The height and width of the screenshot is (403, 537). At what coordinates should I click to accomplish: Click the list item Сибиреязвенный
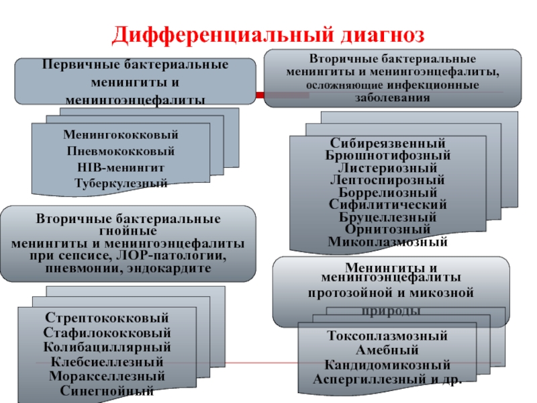pos(388,144)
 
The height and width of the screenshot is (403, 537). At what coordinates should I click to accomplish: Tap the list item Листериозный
pos(388,168)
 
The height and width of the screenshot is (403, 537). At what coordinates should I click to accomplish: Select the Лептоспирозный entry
pos(388,180)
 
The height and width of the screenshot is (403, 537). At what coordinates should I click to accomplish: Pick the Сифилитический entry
pos(388,205)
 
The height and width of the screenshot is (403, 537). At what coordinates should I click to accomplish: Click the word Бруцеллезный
pos(388,218)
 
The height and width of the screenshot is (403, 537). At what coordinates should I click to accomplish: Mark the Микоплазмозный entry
pos(388,242)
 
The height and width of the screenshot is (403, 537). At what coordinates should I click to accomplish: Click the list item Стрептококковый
pos(107,318)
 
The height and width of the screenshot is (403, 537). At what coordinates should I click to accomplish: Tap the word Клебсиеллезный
pos(107,362)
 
